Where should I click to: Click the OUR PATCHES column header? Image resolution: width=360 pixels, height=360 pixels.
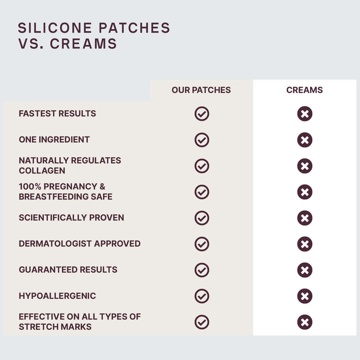(x=201, y=90)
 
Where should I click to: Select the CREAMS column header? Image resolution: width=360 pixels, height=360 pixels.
(x=305, y=90)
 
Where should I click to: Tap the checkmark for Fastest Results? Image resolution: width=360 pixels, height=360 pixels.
(x=202, y=114)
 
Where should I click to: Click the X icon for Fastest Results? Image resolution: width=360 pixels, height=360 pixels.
(x=305, y=114)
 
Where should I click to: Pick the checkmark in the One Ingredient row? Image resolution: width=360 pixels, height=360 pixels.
(x=202, y=140)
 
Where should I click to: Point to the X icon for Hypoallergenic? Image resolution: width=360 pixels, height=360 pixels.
(x=305, y=296)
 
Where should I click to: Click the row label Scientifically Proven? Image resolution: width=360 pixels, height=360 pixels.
(x=72, y=218)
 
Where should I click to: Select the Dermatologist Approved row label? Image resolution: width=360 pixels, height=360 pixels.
(x=80, y=243)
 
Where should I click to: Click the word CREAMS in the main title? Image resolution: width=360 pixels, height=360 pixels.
(x=83, y=44)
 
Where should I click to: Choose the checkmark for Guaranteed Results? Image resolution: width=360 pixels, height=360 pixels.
(x=202, y=270)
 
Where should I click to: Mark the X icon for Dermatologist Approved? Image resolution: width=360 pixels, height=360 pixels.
(x=305, y=244)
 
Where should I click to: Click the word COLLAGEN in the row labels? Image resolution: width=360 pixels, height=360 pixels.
(x=42, y=171)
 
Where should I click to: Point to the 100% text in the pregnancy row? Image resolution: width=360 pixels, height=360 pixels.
(x=30, y=186)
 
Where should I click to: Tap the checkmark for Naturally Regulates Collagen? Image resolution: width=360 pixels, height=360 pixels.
(x=202, y=166)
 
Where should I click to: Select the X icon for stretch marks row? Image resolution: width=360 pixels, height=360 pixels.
(x=305, y=322)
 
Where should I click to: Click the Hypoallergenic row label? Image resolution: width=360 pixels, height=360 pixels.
(x=58, y=296)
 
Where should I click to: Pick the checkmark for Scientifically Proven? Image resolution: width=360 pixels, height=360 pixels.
(x=202, y=218)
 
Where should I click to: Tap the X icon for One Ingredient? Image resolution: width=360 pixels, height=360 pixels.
(x=305, y=140)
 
